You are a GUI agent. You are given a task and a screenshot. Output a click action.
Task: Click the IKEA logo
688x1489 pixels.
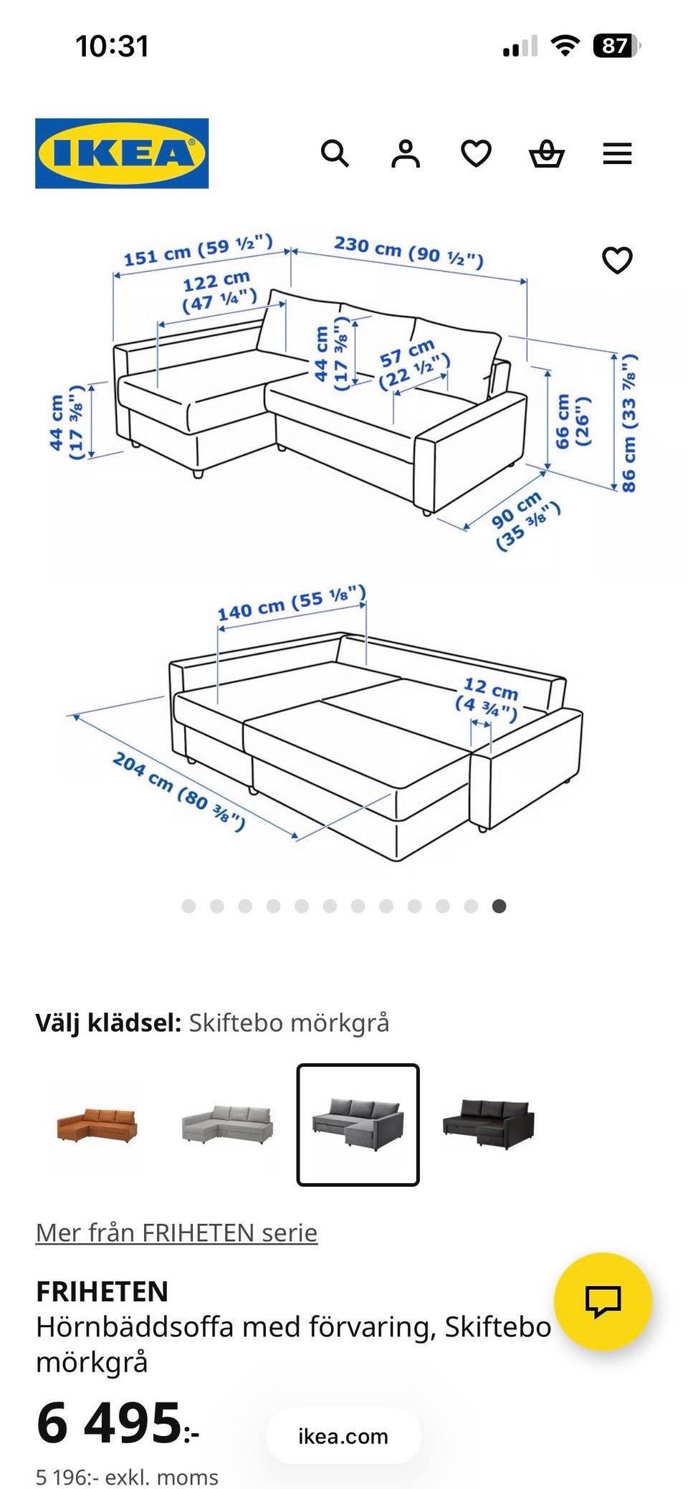[x=122, y=153]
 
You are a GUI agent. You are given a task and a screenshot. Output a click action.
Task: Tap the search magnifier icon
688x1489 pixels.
[x=335, y=153]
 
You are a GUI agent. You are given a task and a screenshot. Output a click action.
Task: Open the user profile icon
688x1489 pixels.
[x=405, y=153]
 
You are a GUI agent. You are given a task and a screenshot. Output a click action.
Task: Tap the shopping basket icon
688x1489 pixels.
[x=547, y=153]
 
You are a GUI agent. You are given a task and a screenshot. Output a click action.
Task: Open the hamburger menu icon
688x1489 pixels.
[x=617, y=153]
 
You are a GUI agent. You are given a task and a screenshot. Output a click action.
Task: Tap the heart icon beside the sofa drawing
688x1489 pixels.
[x=617, y=260]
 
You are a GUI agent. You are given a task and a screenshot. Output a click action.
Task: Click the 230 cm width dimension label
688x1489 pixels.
[x=408, y=250]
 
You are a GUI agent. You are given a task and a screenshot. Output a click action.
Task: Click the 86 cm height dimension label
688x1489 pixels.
[x=629, y=423]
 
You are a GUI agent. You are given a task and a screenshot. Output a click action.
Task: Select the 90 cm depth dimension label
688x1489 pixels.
[x=525, y=520]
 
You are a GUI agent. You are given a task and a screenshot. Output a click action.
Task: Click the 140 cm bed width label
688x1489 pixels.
[x=292, y=603]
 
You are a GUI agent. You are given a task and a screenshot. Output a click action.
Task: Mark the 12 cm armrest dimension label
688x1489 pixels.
[x=487, y=699]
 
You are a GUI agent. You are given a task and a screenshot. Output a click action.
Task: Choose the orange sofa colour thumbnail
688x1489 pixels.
[x=97, y=1124]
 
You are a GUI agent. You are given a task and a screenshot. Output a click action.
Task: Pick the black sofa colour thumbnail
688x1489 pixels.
[x=489, y=1124]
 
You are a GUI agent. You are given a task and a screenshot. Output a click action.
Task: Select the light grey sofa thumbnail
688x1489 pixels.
[x=227, y=1124]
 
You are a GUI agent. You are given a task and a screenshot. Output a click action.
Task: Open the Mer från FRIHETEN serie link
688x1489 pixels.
[x=176, y=1232]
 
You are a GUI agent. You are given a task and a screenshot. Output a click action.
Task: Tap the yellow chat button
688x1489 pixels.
[x=603, y=1301]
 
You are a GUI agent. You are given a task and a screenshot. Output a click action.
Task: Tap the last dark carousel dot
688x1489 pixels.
[x=500, y=906]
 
